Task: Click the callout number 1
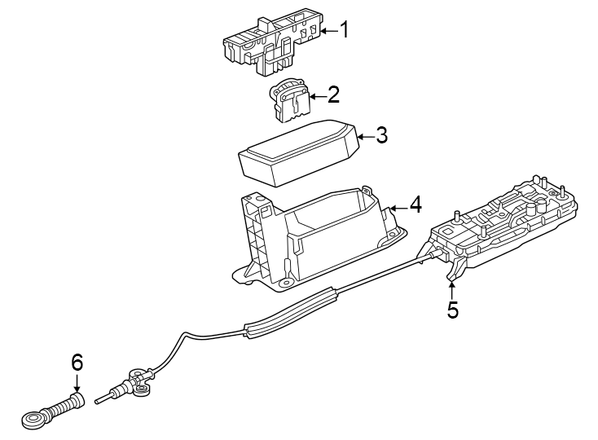pos(344,31)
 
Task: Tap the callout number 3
pos(381,135)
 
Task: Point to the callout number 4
pos(415,205)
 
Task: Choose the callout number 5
pos(452,310)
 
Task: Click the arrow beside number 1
pos(327,31)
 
